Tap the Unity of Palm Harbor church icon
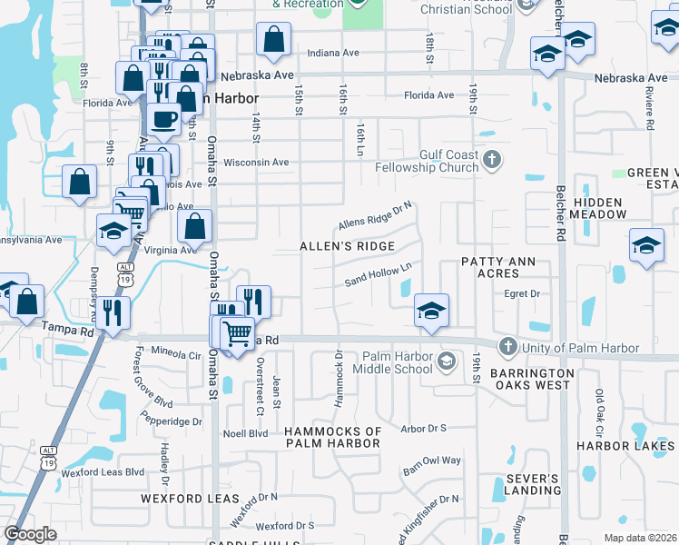point(507,347)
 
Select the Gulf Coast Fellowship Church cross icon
point(492,161)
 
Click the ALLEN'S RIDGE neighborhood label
point(348,246)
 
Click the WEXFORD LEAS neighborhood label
point(176,499)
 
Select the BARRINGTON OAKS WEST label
point(531,379)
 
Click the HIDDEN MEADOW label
point(598,208)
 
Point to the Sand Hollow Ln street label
point(379,275)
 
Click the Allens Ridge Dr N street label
point(375,216)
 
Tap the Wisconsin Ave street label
point(256,163)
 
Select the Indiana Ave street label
point(333,53)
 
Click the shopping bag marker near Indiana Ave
point(273,39)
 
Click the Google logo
point(30,534)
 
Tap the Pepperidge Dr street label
point(172,421)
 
